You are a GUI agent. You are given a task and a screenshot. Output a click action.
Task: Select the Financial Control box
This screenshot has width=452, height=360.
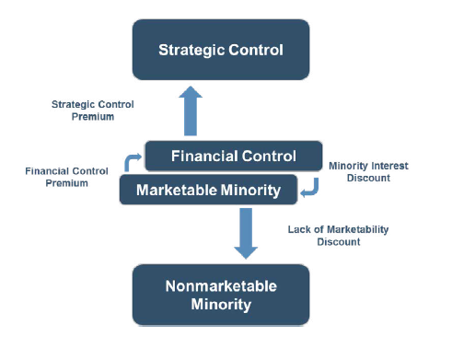[x=233, y=157]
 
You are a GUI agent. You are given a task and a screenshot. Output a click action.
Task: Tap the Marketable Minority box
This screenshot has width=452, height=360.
[x=208, y=190]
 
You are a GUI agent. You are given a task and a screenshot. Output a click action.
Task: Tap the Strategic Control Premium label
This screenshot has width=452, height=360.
[x=93, y=110]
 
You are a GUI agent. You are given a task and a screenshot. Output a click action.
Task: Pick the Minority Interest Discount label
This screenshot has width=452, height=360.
[x=369, y=172]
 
